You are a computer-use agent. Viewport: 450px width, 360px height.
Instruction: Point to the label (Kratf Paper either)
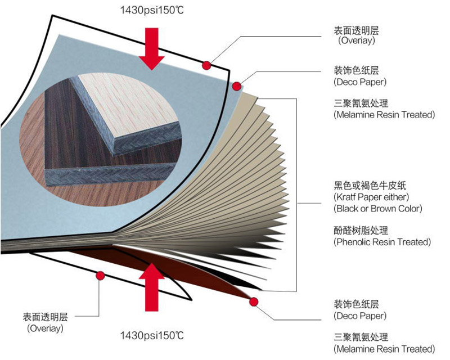click(371, 197)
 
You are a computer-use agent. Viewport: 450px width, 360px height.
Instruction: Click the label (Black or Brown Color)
click(377, 209)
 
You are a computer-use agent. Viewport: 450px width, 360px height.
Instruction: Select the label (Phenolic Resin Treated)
click(382, 242)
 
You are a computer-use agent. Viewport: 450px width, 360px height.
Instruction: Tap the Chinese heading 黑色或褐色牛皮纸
click(364, 185)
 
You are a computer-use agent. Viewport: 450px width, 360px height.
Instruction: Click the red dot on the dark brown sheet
click(254, 302)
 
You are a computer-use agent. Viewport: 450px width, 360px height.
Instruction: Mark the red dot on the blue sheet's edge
click(237, 86)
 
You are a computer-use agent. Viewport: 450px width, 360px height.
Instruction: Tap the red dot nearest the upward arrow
click(101, 276)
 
